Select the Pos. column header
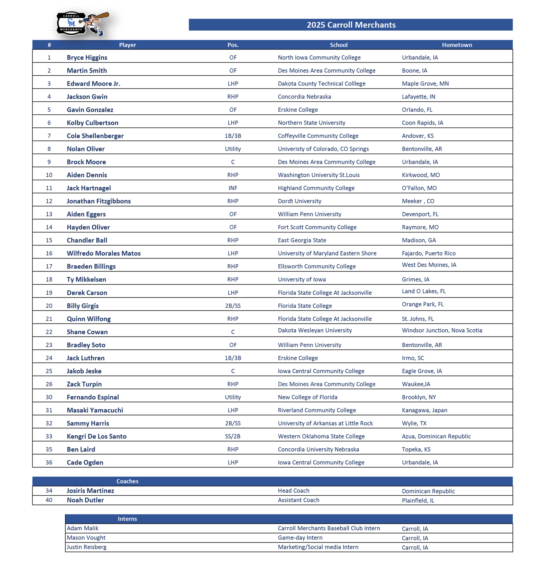[233, 45]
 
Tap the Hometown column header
[457, 45]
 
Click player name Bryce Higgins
[87, 58]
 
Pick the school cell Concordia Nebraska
[304, 97]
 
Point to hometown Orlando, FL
[417, 110]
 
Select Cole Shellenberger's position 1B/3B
[233, 136]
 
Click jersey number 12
[49, 201]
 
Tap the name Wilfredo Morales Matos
[104, 253]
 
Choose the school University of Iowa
[302, 279]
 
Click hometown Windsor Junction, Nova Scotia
[442, 330]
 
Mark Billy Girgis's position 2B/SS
[233, 306]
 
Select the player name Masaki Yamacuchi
[95, 410]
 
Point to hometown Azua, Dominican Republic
[436, 436]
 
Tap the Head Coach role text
[293, 491]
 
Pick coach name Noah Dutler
[85, 500]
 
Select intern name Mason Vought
[86, 538]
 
